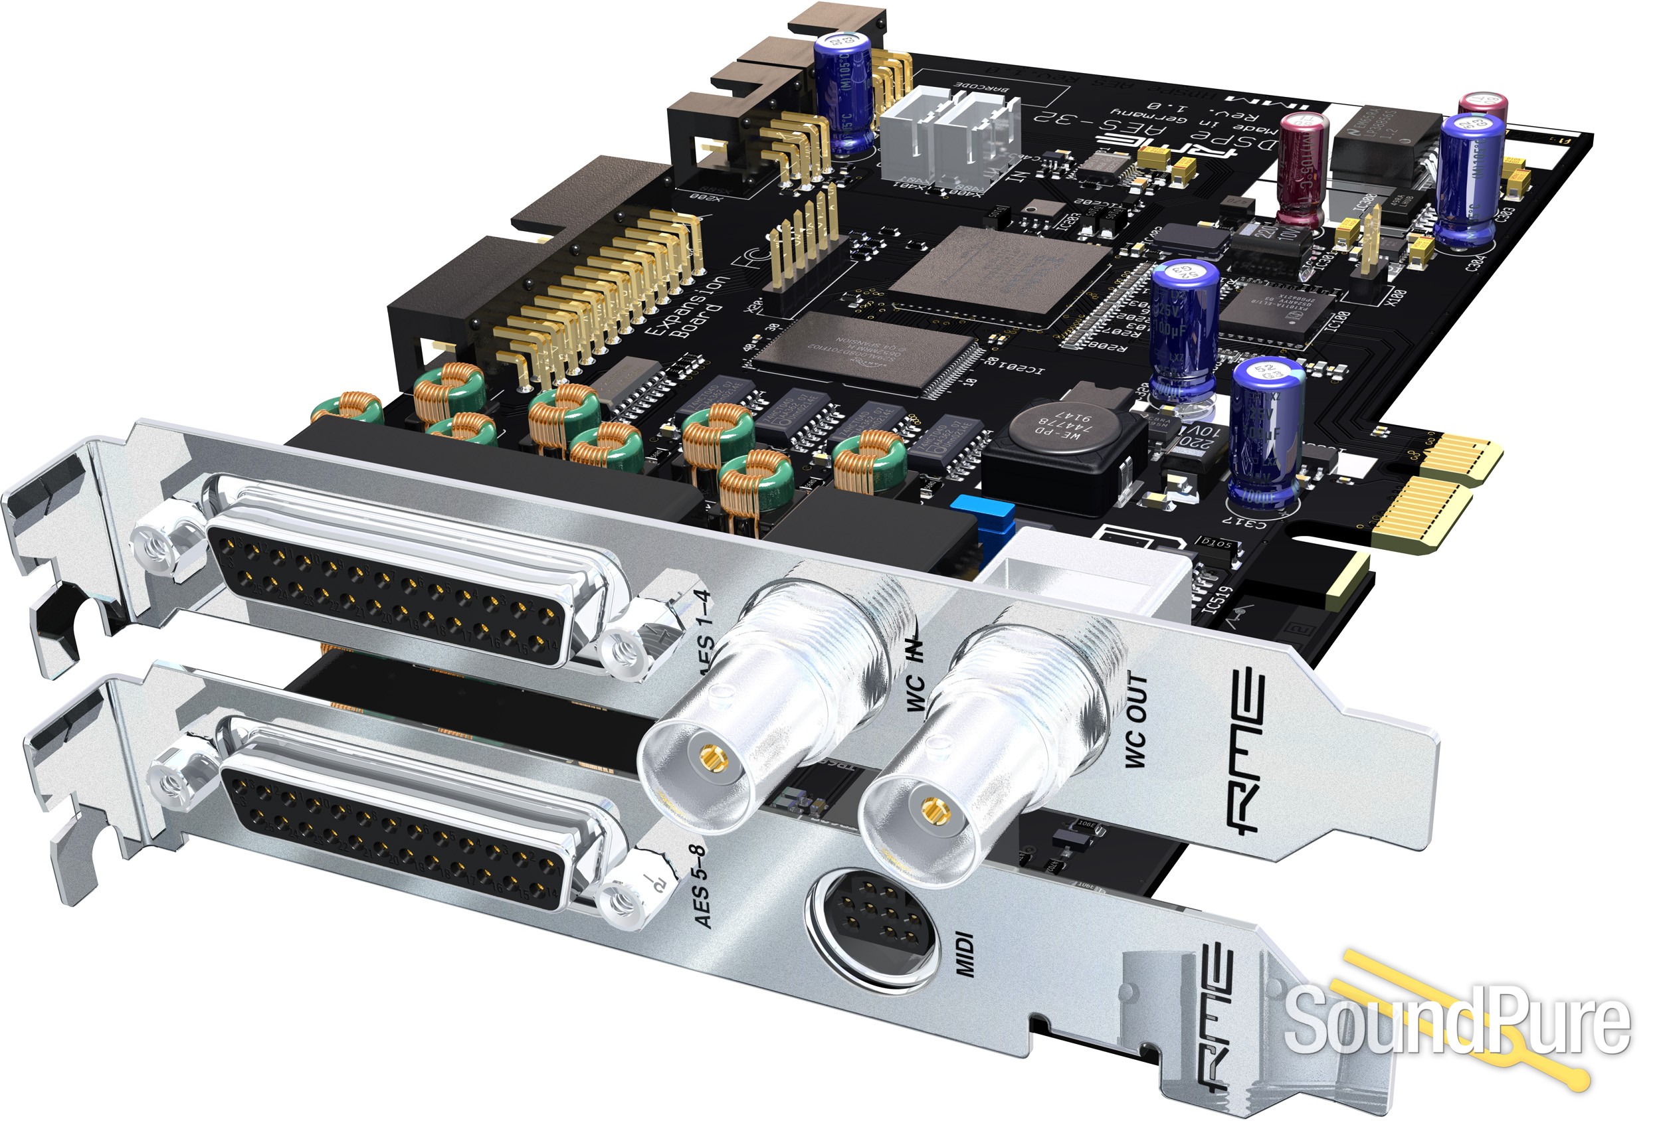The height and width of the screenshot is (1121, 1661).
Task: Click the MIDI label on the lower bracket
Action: [x=965, y=954]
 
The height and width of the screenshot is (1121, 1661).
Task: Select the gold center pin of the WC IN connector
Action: [x=710, y=755]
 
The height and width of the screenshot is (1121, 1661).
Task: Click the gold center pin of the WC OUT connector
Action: [x=931, y=809]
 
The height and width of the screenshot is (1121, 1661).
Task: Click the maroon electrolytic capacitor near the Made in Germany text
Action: [x=1302, y=169]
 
